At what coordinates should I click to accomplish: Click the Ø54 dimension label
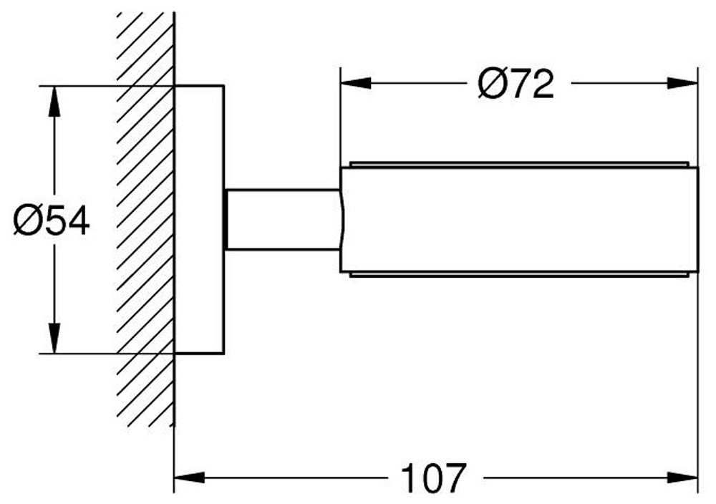coord(52,221)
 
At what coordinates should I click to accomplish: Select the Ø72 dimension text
coord(516,84)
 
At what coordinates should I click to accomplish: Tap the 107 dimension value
coord(434,478)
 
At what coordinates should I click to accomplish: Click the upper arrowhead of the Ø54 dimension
coord(54,101)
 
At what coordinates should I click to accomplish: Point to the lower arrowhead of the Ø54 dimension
coord(54,339)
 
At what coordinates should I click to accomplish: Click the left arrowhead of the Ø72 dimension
coord(356,83)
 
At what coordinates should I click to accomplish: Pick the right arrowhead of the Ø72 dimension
coord(682,83)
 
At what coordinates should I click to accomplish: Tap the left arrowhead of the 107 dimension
coord(190,478)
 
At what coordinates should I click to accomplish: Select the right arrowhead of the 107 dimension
coord(682,478)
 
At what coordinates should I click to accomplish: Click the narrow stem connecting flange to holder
coord(283,220)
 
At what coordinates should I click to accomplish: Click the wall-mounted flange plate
coord(199,220)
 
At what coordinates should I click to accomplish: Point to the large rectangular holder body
coord(519,220)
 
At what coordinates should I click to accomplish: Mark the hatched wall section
coord(146,219)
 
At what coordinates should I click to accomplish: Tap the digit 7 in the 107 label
coord(455,478)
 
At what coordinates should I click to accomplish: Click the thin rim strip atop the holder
coord(519,164)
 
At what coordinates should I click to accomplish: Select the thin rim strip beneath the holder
coord(519,275)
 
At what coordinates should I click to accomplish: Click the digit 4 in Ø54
coord(78,221)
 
